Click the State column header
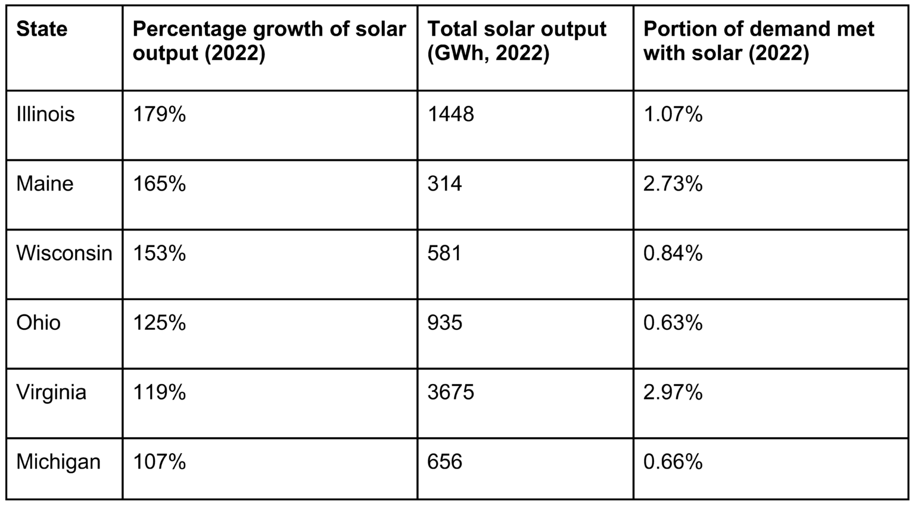point(42,29)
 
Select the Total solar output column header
point(516,41)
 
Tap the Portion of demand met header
point(758,41)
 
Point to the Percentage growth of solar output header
point(269,41)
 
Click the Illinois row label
point(45,114)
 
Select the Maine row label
point(45,183)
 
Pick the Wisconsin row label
point(64,253)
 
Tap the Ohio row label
point(38,323)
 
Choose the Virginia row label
point(51,392)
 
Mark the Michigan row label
point(58,462)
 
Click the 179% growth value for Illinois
point(159,114)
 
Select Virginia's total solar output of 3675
point(450,392)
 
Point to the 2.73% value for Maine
point(673,183)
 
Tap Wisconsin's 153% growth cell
point(159,253)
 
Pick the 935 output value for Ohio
point(444,323)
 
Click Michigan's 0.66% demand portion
point(673,462)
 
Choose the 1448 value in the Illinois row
point(450,114)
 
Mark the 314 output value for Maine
point(444,183)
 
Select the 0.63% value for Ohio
point(673,323)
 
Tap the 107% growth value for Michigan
point(159,462)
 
